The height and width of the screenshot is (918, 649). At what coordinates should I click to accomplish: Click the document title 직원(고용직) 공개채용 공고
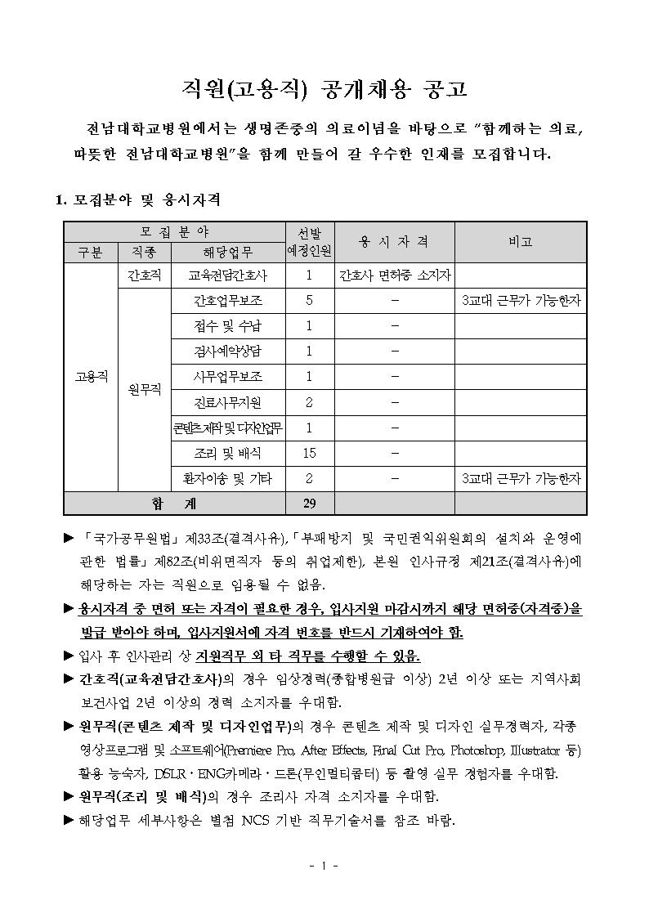coord(324,89)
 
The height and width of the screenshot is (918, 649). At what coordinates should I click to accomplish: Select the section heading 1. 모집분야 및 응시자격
coord(137,199)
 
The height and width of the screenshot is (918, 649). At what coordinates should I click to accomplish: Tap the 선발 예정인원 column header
coord(309,241)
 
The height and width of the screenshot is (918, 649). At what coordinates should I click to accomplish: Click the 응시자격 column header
coord(394,241)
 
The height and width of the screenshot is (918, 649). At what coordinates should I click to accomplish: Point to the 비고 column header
coord(520,241)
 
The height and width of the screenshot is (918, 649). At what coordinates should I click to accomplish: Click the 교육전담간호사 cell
coord(227,275)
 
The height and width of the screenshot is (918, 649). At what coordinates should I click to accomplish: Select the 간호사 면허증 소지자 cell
coord(394,275)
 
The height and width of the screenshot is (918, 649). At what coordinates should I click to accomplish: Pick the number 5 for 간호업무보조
coord(309,301)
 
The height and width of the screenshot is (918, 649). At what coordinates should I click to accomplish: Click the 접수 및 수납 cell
coord(227,326)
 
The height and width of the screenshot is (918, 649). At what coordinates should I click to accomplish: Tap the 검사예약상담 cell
coord(227,352)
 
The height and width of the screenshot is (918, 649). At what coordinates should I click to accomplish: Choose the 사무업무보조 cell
coord(227,377)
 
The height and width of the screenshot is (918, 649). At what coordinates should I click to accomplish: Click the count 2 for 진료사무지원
coord(309,402)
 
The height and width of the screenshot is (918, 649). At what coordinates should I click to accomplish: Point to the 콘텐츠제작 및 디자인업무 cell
coord(227,428)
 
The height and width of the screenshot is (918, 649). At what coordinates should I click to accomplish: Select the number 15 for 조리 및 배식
coord(309,453)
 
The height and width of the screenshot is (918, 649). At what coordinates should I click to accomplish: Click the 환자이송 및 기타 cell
coord(227,478)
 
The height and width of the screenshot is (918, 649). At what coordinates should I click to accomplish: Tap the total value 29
coord(309,503)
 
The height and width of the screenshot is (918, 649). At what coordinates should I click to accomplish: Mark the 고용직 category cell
coord(91,377)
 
